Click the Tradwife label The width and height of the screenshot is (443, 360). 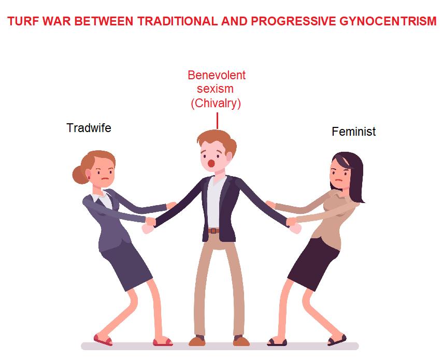click(x=89, y=128)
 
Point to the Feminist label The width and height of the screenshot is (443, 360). click(x=354, y=132)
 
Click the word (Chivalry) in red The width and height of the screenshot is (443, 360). click(x=216, y=104)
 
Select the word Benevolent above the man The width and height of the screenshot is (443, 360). click(x=217, y=75)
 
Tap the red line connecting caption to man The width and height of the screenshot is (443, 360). click(x=217, y=121)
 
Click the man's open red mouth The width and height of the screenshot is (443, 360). click(x=211, y=164)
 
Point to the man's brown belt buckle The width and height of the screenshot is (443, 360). click(x=214, y=231)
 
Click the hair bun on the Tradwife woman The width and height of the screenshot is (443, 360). click(x=80, y=175)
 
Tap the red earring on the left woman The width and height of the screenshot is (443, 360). click(x=89, y=178)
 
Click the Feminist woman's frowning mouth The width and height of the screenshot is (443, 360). click(x=339, y=180)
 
